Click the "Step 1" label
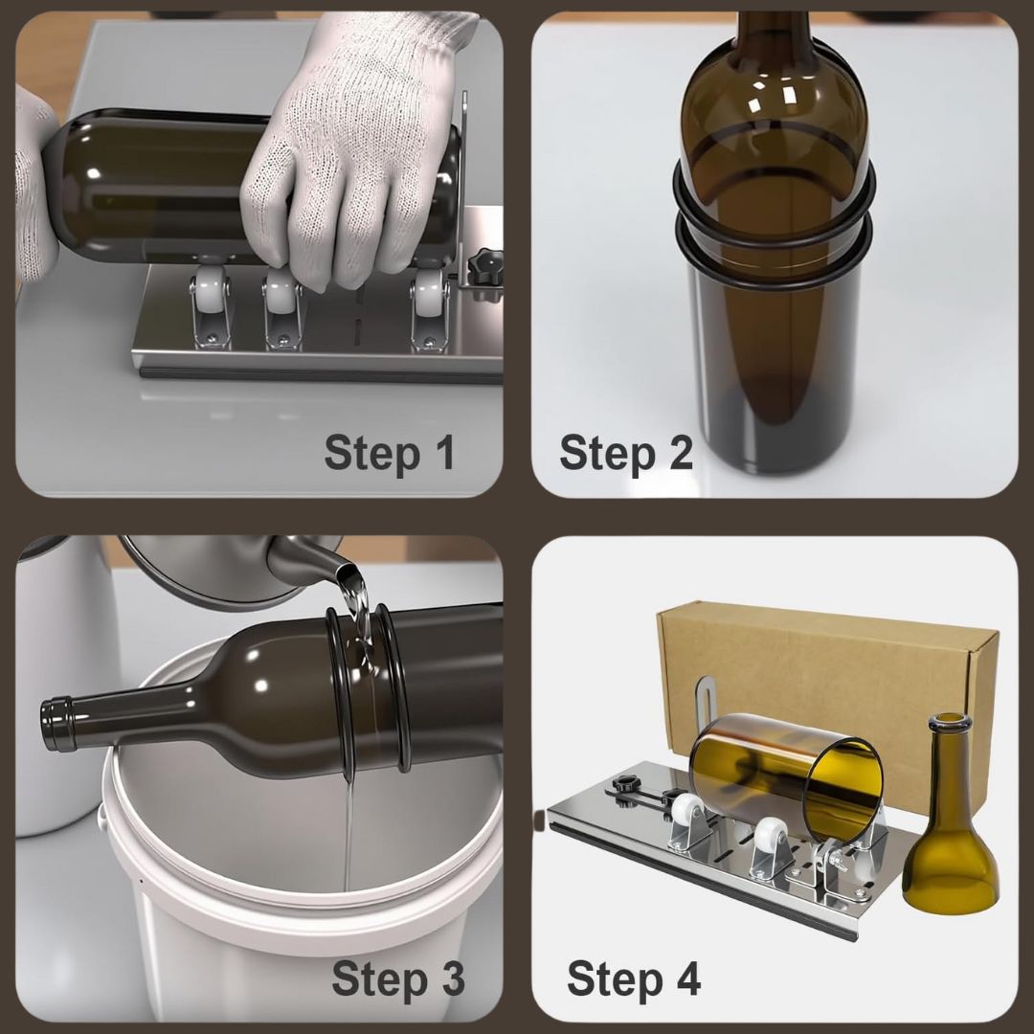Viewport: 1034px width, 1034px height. click(390, 452)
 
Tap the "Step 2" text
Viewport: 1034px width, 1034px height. click(625, 452)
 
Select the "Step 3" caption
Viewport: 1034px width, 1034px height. click(397, 978)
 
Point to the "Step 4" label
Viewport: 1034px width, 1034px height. click(633, 978)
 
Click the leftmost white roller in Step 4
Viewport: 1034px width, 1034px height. click(686, 815)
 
